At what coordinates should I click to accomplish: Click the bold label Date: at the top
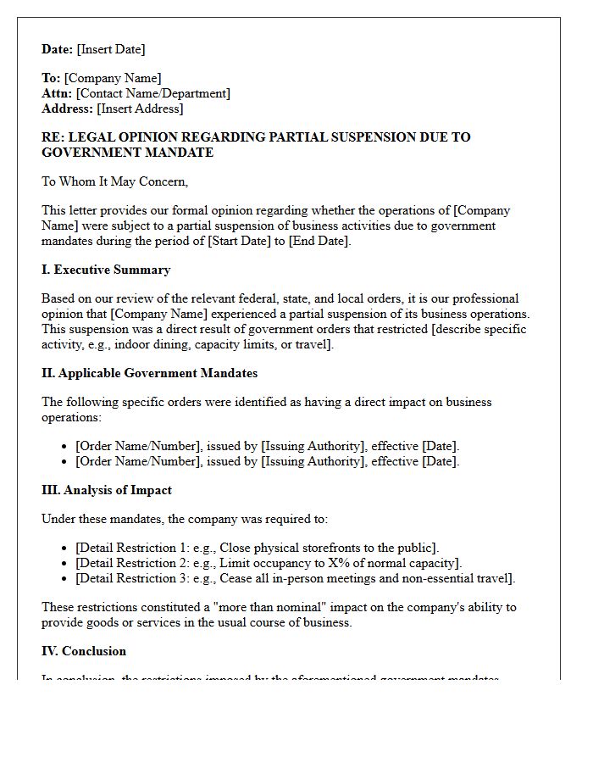(x=58, y=49)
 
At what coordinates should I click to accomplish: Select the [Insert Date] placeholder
(x=111, y=49)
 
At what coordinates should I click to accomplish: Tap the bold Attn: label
(x=57, y=93)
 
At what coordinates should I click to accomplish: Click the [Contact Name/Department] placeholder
(x=153, y=93)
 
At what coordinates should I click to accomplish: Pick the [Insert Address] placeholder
(x=140, y=109)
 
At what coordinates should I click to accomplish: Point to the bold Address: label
(x=67, y=109)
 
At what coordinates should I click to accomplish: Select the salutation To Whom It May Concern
(x=114, y=181)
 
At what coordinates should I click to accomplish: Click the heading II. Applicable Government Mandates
(x=149, y=373)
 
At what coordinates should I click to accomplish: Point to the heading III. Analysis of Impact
(x=107, y=490)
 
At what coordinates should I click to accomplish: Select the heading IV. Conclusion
(x=84, y=651)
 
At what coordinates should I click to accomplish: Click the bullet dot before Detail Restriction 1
(x=66, y=549)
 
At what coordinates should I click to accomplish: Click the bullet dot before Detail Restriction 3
(x=66, y=579)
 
